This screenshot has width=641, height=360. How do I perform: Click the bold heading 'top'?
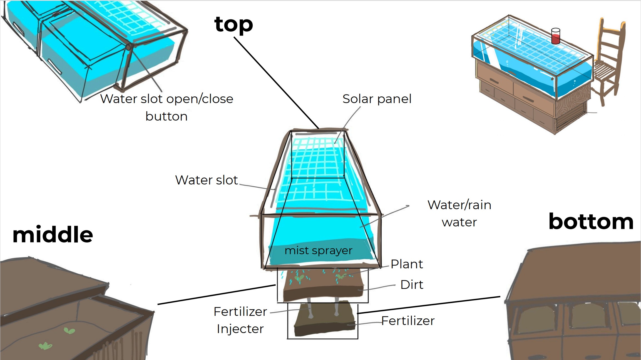click(x=233, y=24)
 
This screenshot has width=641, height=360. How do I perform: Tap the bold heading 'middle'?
click(x=53, y=235)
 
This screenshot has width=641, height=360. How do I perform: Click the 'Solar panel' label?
click(x=377, y=99)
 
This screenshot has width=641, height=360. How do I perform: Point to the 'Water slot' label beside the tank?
click(x=207, y=180)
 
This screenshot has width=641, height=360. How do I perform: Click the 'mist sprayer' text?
click(x=319, y=251)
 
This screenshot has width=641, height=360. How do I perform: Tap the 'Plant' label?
click(x=407, y=264)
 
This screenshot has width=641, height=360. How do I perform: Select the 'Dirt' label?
click(x=412, y=285)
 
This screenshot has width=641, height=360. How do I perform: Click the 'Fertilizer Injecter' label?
click(x=240, y=320)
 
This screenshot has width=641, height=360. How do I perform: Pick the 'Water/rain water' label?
click(x=459, y=213)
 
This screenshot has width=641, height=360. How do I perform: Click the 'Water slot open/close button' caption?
click(x=167, y=107)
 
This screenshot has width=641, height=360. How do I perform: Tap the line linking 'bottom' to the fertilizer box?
click(x=428, y=305)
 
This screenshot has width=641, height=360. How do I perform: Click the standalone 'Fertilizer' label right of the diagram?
click(x=408, y=321)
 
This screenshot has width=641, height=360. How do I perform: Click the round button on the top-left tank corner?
click(x=128, y=47)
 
